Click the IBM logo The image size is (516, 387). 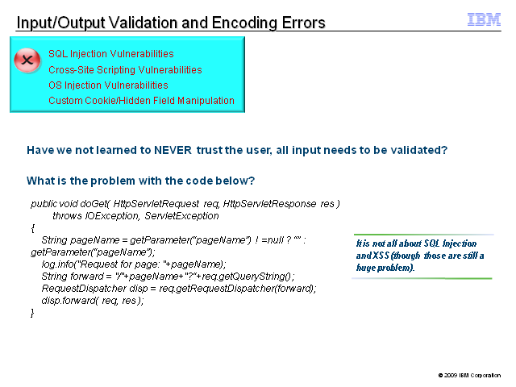coord(484,19)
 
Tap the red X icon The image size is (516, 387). coord(27,60)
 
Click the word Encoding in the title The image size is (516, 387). coord(245,23)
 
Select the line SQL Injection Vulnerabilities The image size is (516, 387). coord(111,54)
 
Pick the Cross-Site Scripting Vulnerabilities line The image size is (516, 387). coord(125,70)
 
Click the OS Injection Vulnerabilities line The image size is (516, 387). coord(108,85)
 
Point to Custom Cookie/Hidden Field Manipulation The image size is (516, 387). coord(142,100)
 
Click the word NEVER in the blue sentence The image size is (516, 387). coord(173,150)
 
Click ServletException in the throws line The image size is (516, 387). coord(181,216)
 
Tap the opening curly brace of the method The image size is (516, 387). coord(32,228)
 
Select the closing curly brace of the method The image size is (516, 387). coord(32,313)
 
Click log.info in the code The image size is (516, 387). coord(58,264)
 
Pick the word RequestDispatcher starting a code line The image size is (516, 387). coord(84,289)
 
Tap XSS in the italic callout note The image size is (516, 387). coord(381,256)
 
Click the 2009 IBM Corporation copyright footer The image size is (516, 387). coord(469,375)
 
